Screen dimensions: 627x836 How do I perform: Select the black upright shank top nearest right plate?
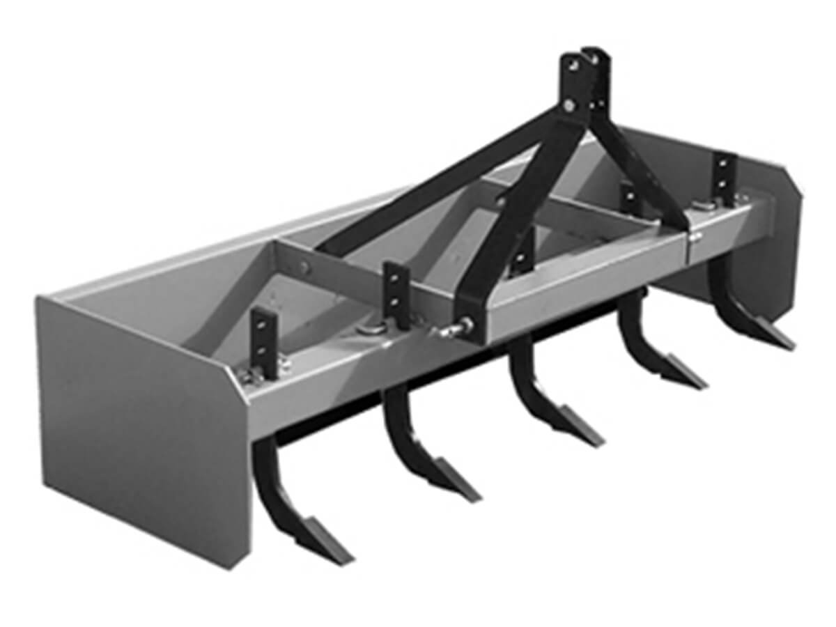[725, 174]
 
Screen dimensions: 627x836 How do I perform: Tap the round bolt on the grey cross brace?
[304, 265]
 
